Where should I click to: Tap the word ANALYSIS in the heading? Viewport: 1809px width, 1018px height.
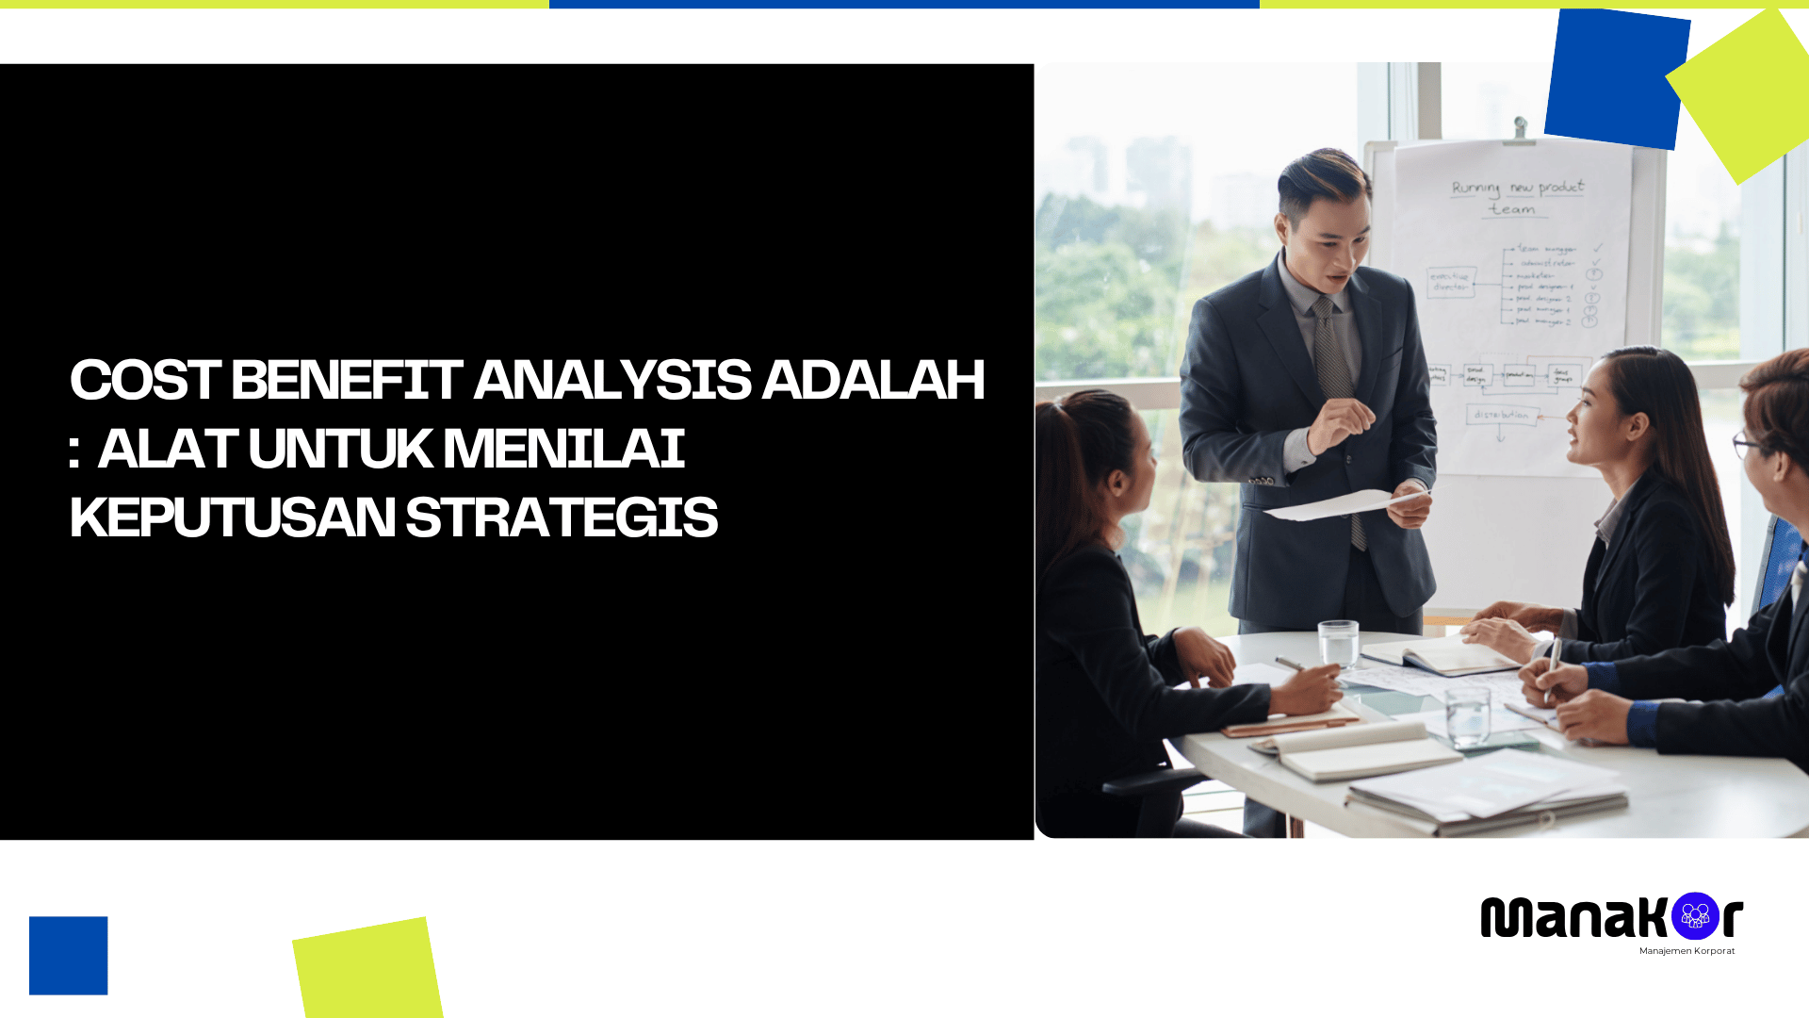pos(611,379)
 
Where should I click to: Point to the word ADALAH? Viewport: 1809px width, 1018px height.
pos(872,379)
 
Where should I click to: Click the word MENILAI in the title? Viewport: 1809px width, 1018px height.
pos(563,449)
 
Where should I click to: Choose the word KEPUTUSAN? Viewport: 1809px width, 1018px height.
pos(232,517)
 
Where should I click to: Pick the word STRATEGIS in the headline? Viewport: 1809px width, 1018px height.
pos(562,517)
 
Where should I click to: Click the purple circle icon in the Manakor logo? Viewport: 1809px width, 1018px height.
pos(1695,915)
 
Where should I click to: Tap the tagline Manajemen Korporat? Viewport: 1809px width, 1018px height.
pos(1687,951)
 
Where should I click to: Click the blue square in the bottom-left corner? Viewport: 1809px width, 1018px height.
pos(68,955)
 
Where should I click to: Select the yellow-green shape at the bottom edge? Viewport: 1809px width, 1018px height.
pos(367,969)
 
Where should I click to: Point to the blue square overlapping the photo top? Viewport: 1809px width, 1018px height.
pos(1616,79)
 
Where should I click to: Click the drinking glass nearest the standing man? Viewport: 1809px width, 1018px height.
pos(1338,644)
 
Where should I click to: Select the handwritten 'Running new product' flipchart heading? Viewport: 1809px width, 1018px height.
pos(1517,188)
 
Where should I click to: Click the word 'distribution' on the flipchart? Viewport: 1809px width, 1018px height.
pos(1502,415)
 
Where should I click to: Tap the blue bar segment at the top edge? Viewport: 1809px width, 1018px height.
pos(904,4)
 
